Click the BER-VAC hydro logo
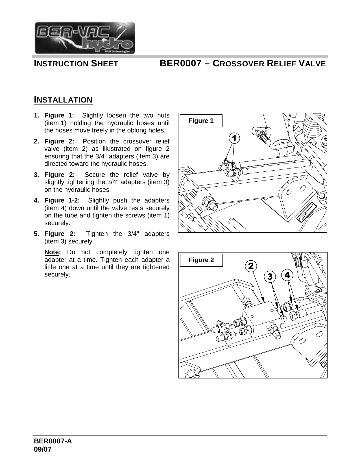[x=84, y=38]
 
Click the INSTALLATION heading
[x=63, y=100]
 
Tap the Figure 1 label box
[x=201, y=121]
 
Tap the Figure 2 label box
[x=201, y=260]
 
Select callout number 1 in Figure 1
[x=234, y=138]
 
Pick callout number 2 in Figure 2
[x=251, y=266]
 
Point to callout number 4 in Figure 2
[x=287, y=275]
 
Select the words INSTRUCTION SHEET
[x=76, y=64]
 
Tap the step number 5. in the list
[x=36, y=234]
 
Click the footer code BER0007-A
[x=53, y=441]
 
